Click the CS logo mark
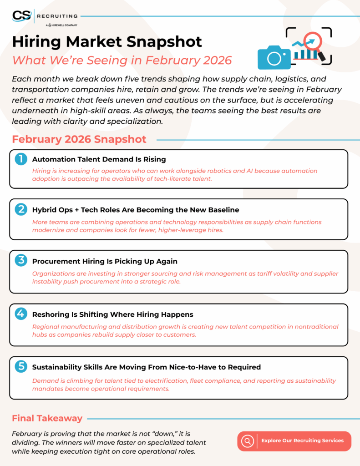pyautogui.click(x=21, y=16)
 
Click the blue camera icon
pyautogui.click(x=274, y=57)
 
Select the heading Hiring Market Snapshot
pyautogui.click(x=107, y=41)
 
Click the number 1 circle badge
pyautogui.click(x=21, y=159)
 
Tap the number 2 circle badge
pyautogui.click(x=21, y=209)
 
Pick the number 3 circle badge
pyautogui.click(x=21, y=261)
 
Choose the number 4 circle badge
pyautogui.click(x=21, y=314)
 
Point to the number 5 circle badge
pyautogui.click(x=21, y=366)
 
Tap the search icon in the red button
pyautogui.click(x=248, y=441)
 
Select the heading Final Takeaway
pyautogui.click(x=47, y=418)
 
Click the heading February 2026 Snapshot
pyautogui.click(x=79, y=139)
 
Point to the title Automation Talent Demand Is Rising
pyautogui.click(x=99, y=159)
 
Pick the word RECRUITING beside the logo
pyautogui.click(x=56, y=16)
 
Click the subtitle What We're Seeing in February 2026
pyautogui.click(x=122, y=60)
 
